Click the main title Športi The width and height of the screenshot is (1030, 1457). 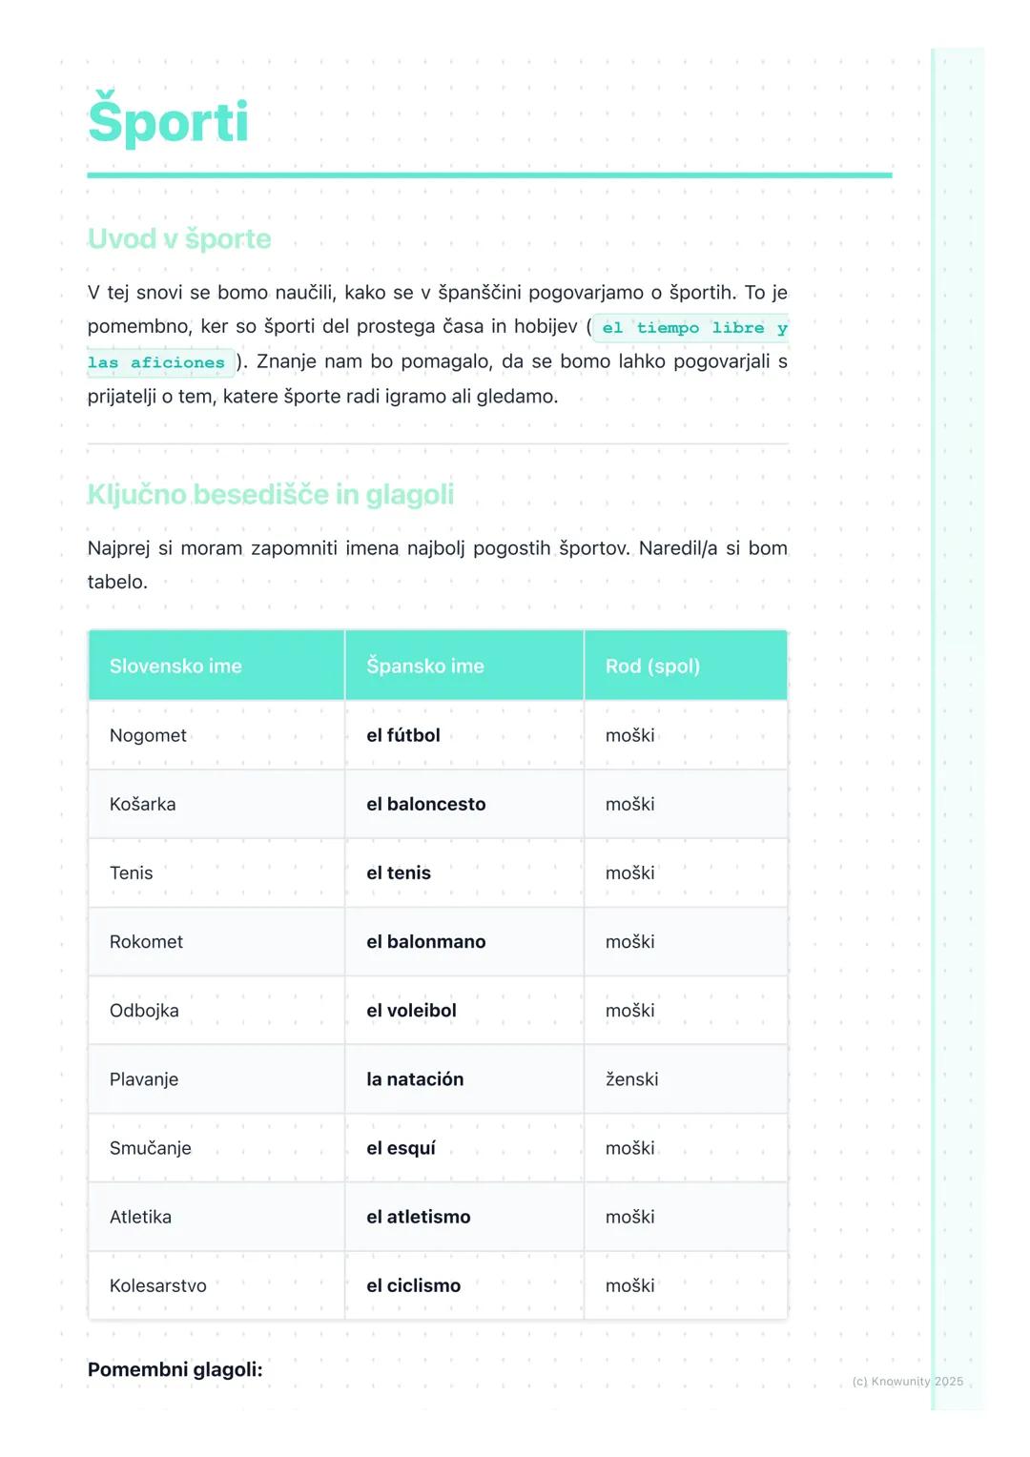[x=168, y=122]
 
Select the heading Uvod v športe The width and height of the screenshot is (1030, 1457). [x=179, y=238]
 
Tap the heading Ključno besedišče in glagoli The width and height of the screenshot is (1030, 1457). [x=270, y=494]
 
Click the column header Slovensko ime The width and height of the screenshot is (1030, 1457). [x=175, y=666]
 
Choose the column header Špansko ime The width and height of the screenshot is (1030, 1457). [x=425, y=666]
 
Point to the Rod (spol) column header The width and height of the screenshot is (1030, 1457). [x=652, y=666]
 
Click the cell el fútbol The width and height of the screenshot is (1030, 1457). [x=403, y=735]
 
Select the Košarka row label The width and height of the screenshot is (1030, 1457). [x=143, y=804]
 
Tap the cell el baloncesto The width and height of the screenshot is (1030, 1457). [x=426, y=804]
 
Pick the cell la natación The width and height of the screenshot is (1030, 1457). [x=415, y=1079]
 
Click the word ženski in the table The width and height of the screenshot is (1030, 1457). [x=631, y=1079]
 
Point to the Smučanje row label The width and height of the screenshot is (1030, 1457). [x=151, y=1148]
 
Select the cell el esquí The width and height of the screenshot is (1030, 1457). [x=401, y=1148]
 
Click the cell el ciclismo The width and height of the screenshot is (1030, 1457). [x=413, y=1285]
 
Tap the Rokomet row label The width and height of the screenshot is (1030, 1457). [x=146, y=941]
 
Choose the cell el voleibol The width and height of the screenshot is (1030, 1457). [x=411, y=1011]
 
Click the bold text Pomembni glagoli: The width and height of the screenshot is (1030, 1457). [x=175, y=1369]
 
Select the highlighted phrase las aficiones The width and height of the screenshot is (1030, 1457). [x=156, y=362]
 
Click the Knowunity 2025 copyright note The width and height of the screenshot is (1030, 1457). [x=907, y=1381]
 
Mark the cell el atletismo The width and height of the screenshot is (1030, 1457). [x=419, y=1217]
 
